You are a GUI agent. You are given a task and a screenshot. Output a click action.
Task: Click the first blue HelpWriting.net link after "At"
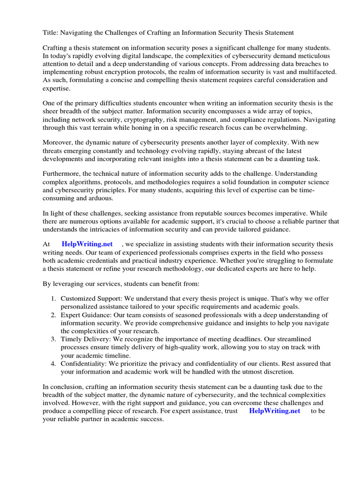point(87,244)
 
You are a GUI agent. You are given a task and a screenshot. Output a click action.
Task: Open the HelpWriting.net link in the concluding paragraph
point(275,411)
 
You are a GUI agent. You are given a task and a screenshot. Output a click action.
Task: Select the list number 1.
point(53,299)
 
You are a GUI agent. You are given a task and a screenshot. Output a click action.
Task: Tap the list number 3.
point(53,339)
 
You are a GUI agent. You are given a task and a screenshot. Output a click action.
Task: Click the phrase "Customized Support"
point(88,299)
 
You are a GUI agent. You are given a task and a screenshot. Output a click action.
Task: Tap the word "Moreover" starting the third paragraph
point(58,142)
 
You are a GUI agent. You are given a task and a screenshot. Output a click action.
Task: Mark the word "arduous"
point(99,198)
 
